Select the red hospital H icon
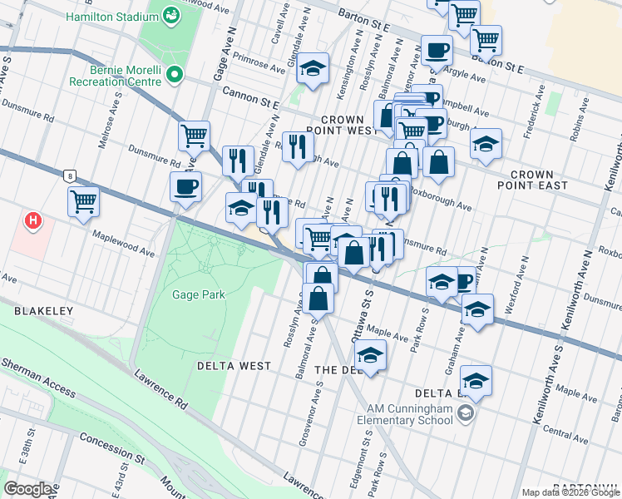(33, 221)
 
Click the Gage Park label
(198, 294)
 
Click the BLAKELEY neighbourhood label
(43, 310)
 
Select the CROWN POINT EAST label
(539, 180)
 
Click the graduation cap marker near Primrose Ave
(313, 70)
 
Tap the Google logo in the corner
(29, 489)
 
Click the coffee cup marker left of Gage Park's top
(185, 186)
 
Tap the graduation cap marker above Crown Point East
(486, 144)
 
